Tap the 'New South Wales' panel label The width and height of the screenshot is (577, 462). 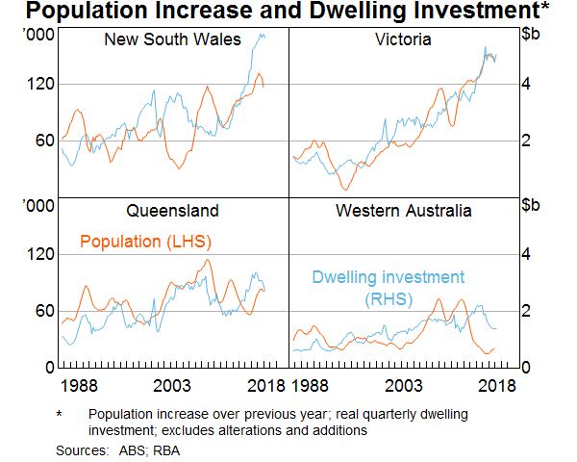coord(159,39)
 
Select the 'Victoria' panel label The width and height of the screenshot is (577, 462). coord(403,39)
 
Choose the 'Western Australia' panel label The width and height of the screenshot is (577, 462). coord(403,211)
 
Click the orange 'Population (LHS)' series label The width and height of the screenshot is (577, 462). coord(145,241)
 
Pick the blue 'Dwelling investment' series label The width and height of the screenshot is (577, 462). coord(388,277)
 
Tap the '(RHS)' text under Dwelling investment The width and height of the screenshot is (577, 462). coord(388,299)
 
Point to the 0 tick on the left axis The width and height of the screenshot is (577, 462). coord(46,368)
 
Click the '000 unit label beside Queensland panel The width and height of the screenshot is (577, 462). coord(37,207)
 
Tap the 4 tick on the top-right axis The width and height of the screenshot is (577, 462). coord(525,84)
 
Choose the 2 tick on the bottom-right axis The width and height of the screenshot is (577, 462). coord(525,311)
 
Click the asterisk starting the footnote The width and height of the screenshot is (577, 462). coord(60,414)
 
